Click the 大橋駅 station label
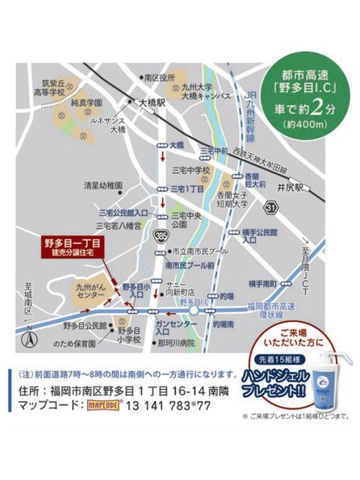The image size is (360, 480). coord(153,102)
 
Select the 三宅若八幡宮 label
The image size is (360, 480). coord(117,225)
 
